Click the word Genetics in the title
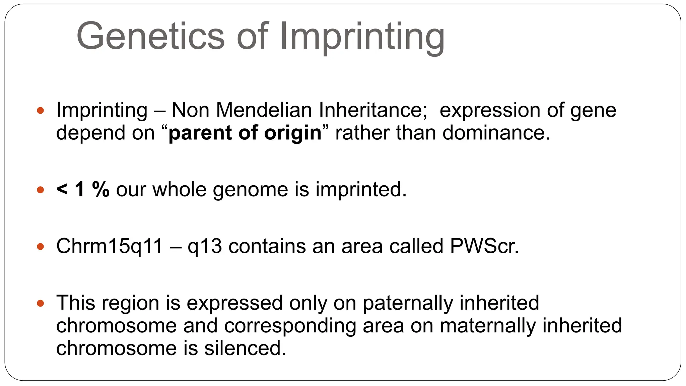(x=150, y=36)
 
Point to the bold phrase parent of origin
(x=245, y=133)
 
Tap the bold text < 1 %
(x=83, y=189)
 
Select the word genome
(x=250, y=190)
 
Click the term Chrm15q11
(x=110, y=246)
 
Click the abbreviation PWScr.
(x=484, y=246)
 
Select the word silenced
(x=245, y=348)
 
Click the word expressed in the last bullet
(x=234, y=303)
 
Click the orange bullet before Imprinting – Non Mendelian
(x=41, y=110)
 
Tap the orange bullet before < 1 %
(x=41, y=190)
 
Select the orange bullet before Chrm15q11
(x=41, y=247)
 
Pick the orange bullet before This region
(x=41, y=304)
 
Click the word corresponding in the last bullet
(x=290, y=326)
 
